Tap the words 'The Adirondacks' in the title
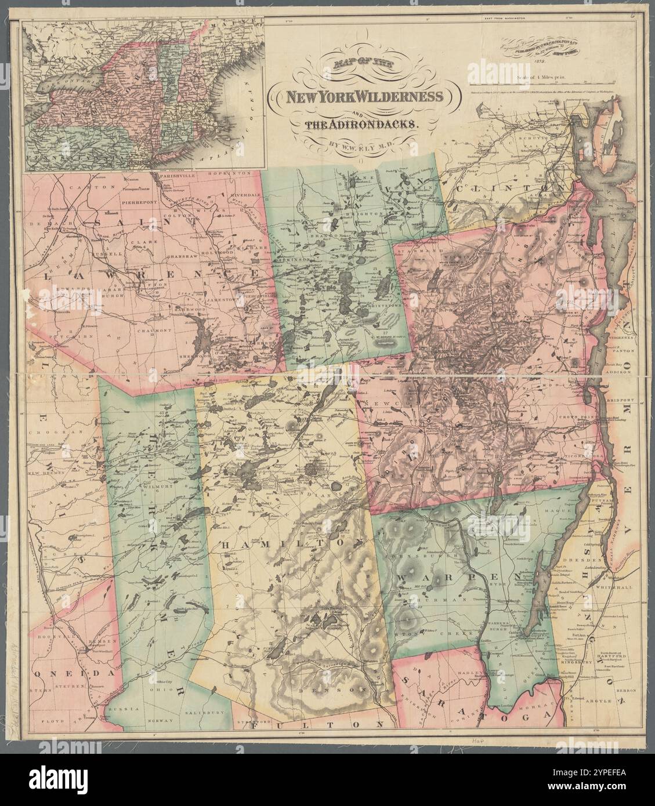pyautogui.click(x=361, y=124)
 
